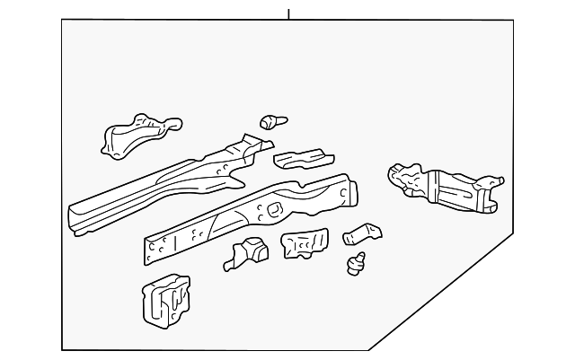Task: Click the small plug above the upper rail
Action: [x=269, y=120]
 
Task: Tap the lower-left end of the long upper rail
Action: [x=77, y=220]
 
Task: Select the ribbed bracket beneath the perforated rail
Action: [x=305, y=243]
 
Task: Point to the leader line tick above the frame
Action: [x=288, y=13]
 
